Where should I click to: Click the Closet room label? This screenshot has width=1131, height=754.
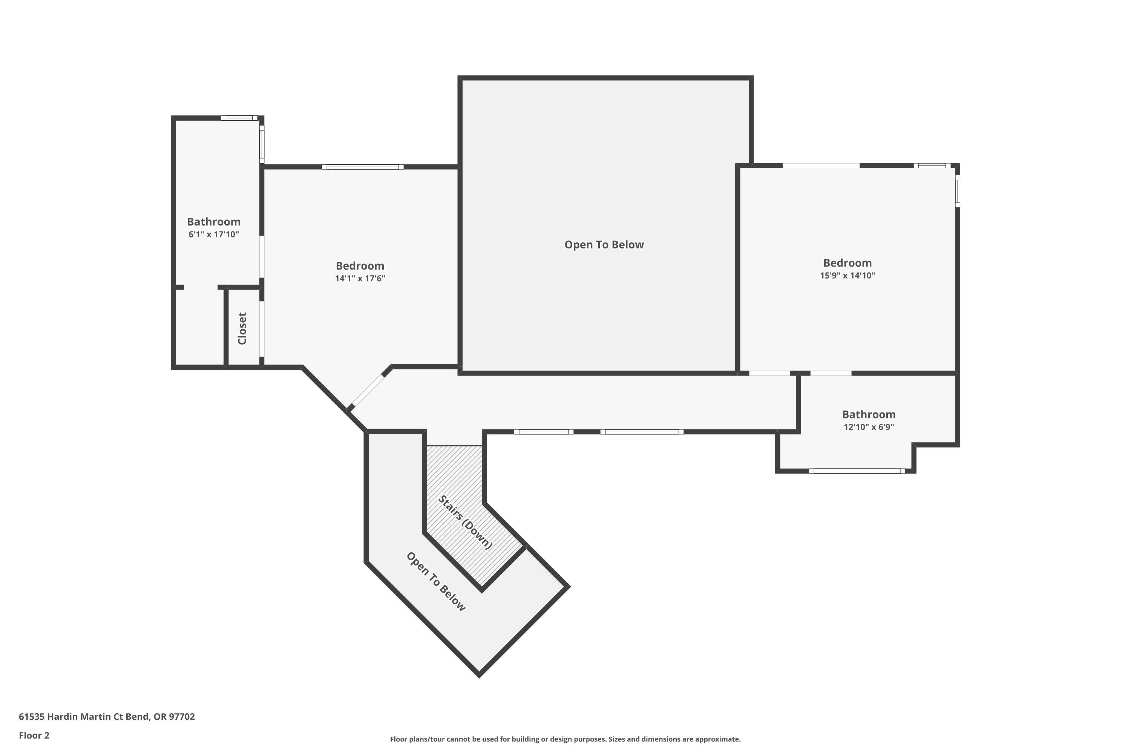pos(242,328)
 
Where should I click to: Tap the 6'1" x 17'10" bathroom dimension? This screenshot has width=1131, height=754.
pos(213,234)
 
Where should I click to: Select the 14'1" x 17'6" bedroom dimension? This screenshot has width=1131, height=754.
pos(360,279)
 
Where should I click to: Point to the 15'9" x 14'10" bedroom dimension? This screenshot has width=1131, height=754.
pos(847,276)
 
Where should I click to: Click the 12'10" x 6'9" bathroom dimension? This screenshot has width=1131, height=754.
pos(869,427)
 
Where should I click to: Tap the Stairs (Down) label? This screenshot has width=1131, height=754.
pos(465,522)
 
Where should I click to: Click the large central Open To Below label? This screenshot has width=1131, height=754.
pos(604,245)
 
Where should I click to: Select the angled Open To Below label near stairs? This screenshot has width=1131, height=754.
pos(436,582)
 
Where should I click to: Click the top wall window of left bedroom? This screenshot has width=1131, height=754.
pos(363,167)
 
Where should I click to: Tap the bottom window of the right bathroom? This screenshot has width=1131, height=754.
pos(857,471)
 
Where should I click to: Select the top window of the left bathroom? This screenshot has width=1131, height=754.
pos(239,118)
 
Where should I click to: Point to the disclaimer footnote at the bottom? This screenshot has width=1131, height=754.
pos(565,739)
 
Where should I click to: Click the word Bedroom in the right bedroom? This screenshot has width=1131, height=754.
pos(847,263)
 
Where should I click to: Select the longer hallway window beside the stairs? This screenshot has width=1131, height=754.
pos(642,432)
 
